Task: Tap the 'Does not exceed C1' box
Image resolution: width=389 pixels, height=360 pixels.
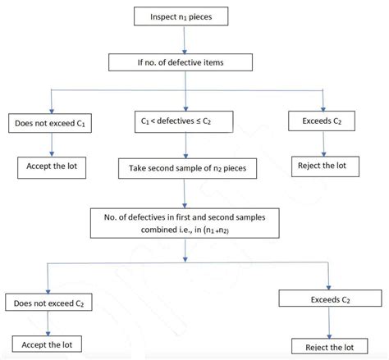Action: (52, 123)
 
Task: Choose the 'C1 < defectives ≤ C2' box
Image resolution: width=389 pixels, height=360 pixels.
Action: (188, 121)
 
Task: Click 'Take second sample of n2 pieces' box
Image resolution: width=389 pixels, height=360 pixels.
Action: (189, 169)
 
